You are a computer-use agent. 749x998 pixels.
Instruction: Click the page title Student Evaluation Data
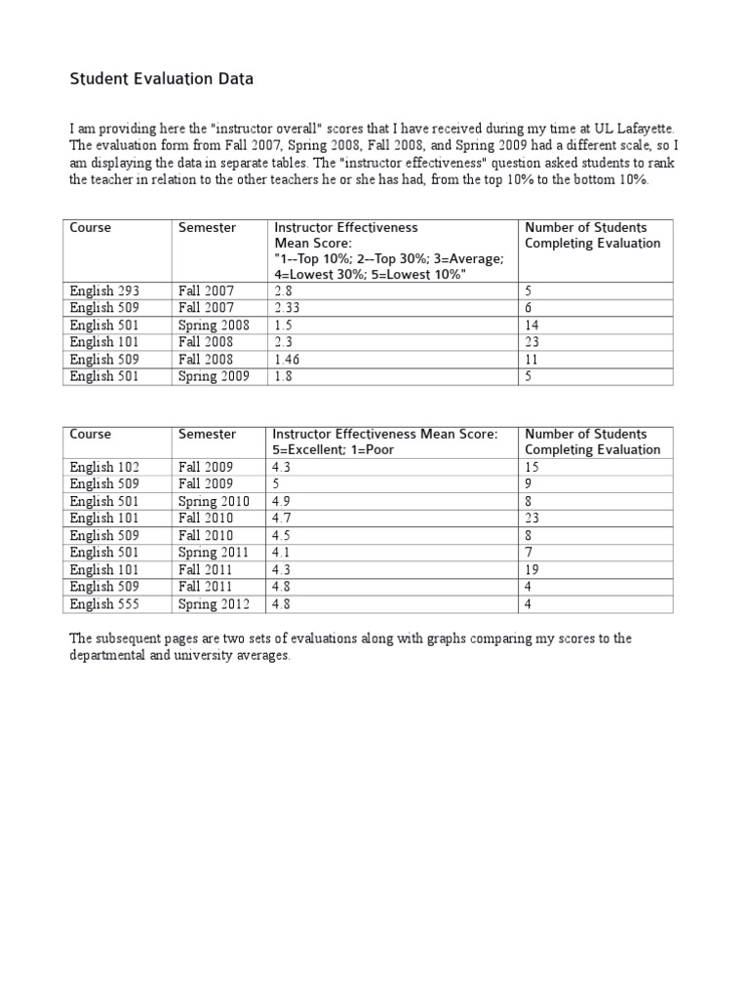(x=161, y=80)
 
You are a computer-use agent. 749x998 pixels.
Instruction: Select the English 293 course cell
(x=104, y=290)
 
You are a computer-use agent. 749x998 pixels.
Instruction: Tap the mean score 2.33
(x=288, y=308)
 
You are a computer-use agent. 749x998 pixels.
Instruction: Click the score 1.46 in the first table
(x=288, y=359)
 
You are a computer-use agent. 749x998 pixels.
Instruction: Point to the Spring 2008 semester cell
(x=214, y=325)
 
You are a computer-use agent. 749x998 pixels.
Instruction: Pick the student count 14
(x=532, y=325)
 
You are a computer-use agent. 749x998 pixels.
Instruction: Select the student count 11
(x=532, y=359)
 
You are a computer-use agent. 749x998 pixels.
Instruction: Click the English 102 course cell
(x=104, y=467)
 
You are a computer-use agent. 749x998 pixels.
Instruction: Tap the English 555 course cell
(x=104, y=603)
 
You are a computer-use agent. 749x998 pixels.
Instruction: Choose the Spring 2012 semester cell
(x=214, y=603)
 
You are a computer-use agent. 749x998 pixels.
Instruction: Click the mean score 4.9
(x=282, y=501)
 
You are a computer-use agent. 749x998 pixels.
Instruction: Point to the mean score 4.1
(x=282, y=552)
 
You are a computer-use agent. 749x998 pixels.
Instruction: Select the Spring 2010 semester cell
(x=214, y=501)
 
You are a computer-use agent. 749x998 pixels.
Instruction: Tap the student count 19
(x=532, y=569)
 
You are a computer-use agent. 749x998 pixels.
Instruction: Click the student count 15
(x=532, y=467)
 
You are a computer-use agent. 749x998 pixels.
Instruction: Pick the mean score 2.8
(x=282, y=290)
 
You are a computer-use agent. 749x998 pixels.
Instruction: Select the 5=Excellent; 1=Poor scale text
(x=333, y=450)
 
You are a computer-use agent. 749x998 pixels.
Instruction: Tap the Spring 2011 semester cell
(x=214, y=552)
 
